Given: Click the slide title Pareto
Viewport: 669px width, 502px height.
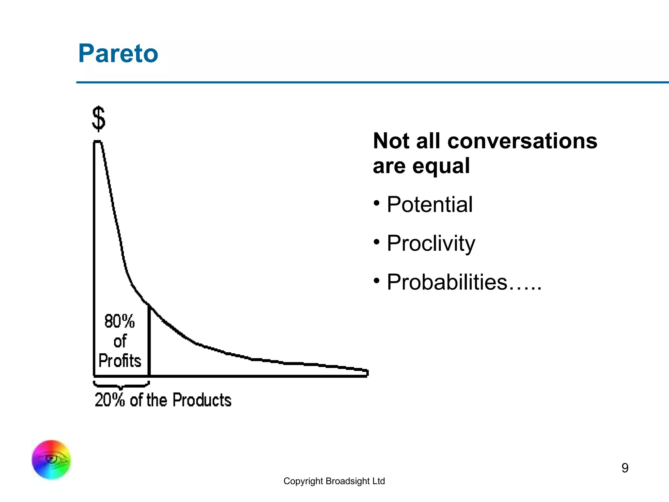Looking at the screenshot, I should pyautogui.click(x=118, y=53).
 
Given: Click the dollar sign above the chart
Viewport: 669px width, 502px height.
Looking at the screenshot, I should pyautogui.click(x=99, y=119).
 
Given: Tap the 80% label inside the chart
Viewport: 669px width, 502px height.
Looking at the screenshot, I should pyautogui.click(x=120, y=321).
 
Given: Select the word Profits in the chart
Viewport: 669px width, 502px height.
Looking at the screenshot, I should pyautogui.click(x=120, y=361).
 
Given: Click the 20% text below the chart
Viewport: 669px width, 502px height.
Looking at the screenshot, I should pyautogui.click(x=109, y=400).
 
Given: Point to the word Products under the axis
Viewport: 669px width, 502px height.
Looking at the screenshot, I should pyautogui.click(x=202, y=400).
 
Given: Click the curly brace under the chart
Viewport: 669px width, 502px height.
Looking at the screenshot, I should pyautogui.click(x=121, y=385).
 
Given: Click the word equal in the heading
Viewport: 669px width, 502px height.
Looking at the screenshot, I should pyautogui.click(x=441, y=166).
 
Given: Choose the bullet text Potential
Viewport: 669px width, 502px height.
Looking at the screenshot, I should pyautogui.click(x=429, y=205).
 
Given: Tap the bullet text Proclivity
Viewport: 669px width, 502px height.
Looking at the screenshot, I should pyautogui.click(x=431, y=243).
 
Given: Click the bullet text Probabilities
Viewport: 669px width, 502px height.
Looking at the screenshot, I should pyautogui.click(x=447, y=282).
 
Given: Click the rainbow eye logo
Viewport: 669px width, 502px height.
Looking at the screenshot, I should pyautogui.click(x=51, y=460).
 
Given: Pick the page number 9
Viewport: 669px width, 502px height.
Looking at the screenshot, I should pyautogui.click(x=625, y=468).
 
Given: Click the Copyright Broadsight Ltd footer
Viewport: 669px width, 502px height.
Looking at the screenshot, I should pyautogui.click(x=334, y=481).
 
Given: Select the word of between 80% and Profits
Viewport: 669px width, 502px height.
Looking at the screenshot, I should pyautogui.click(x=120, y=342).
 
